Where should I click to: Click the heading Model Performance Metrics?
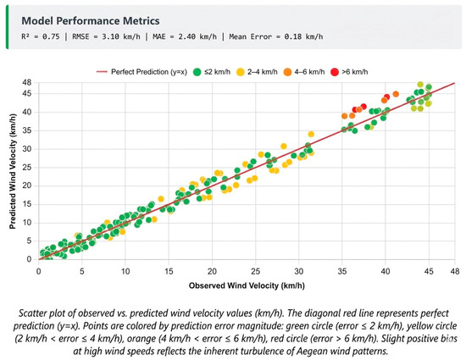click(x=91, y=21)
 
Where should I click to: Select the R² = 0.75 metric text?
click(x=41, y=36)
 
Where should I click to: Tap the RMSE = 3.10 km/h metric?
click(x=106, y=36)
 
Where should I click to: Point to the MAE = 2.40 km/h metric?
click(x=185, y=36)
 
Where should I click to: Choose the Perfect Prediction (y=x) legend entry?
click(x=141, y=72)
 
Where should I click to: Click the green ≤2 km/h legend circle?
click(x=197, y=72)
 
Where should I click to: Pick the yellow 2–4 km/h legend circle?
click(x=240, y=72)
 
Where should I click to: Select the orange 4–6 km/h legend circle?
click(x=287, y=72)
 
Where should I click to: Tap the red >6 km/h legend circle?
click(x=335, y=72)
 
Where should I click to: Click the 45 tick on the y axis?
click(x=27, y=93)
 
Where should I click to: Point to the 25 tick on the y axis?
click(x=27, y=168)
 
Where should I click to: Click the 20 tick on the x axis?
click(x=212, y=271)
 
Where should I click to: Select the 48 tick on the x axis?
click(x=455, y=271)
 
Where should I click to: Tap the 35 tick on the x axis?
click(x=342, y=271)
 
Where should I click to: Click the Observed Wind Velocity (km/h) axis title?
click(x=247, y=285)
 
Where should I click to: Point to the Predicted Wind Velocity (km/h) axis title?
click(x=12, y=171)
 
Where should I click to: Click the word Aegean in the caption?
click(x=312, y=351)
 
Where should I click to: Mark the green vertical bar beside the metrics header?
click(x=8, y=27)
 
